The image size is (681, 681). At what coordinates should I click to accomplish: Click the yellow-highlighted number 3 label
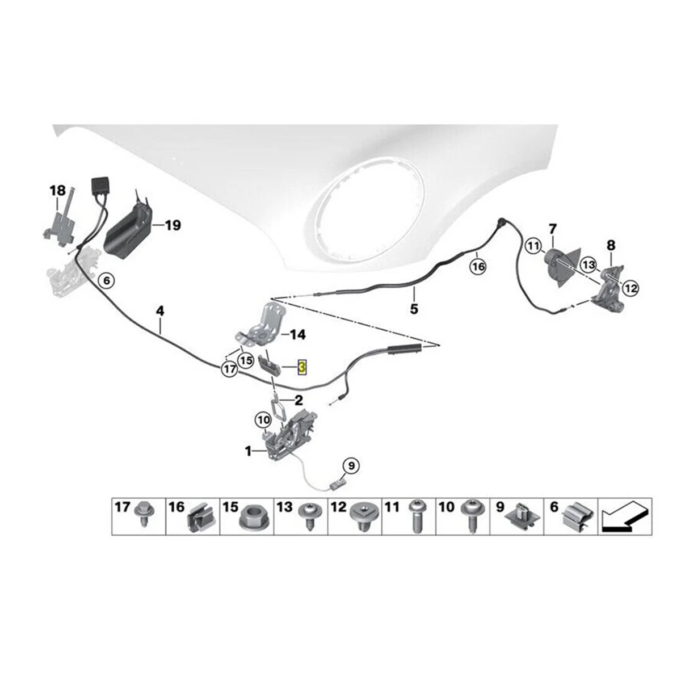pyautogui.click(x=302, y=368)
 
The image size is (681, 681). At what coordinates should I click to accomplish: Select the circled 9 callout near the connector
pyautogui.click(x=351, y=466)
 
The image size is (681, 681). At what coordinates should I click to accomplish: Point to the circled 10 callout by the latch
pyautogui.click(x=263, y=421)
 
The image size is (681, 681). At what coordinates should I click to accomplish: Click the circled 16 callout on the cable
pyautogui.click(x=478, y=266)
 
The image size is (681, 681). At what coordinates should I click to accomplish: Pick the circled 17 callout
pyautogui.click(x=229, y=369)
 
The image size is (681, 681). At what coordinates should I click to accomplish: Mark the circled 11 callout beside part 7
pyautogui.click(x=533, y=246)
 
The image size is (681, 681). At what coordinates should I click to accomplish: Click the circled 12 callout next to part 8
pyautogui.click(x=630, y=288)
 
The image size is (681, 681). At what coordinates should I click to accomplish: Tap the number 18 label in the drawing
pyautogui.click(x=58, y=191)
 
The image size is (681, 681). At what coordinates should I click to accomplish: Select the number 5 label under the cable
pyautogui.click(x=414, y=309)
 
